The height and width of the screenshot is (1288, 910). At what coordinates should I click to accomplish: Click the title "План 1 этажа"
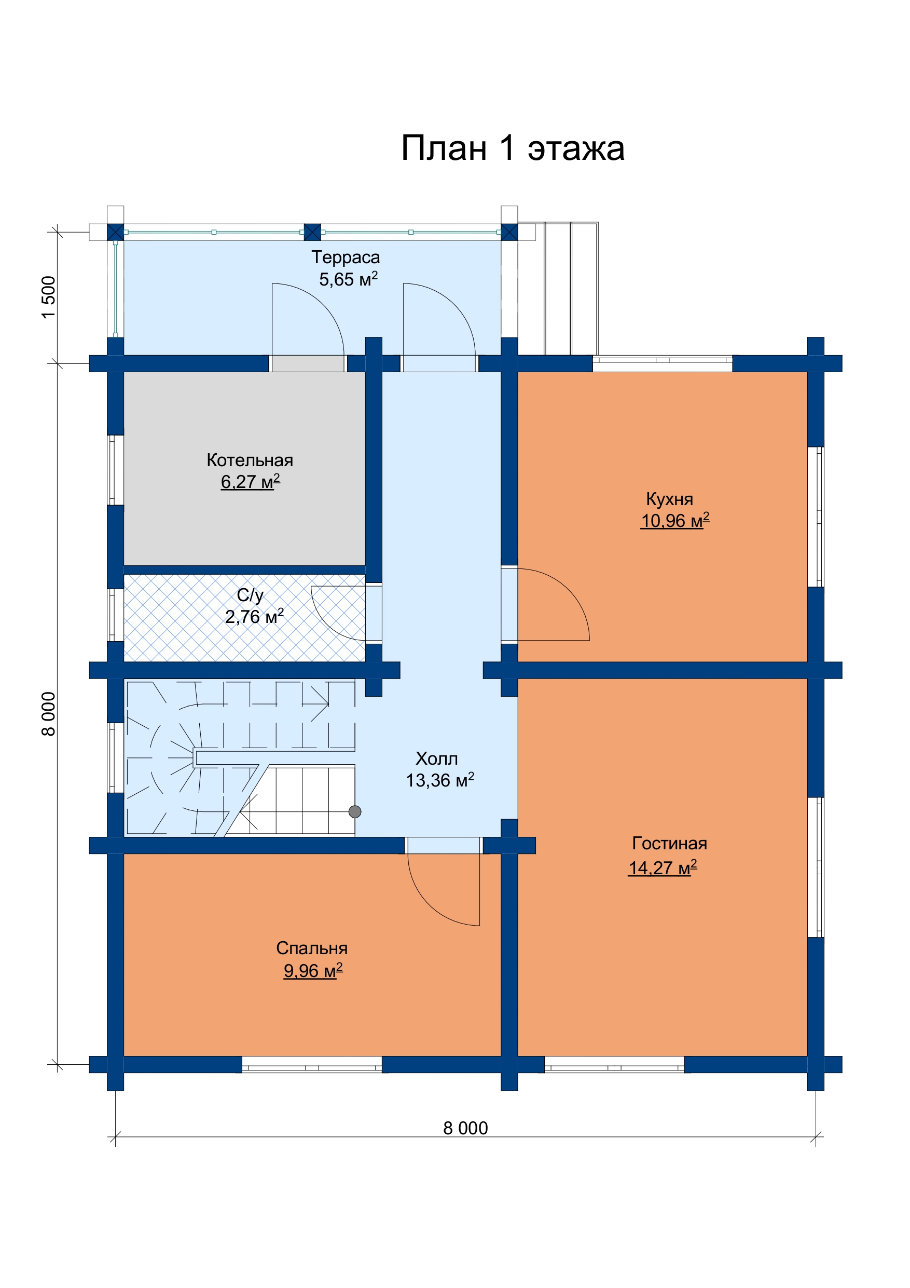coord(513,148)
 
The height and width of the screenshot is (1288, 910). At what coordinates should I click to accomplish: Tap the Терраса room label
coord(346,257)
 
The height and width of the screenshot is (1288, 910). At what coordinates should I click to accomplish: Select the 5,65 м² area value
coord(348,279)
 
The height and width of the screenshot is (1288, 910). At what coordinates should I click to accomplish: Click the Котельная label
coord(250,460)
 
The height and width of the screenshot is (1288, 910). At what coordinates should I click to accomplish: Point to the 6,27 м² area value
coord(250,481)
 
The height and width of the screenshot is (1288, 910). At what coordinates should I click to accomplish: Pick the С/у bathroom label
coord(250,594)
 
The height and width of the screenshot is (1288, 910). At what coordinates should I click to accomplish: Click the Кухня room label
coord(669,499)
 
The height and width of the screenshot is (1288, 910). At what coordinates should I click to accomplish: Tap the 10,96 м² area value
coord(675,521)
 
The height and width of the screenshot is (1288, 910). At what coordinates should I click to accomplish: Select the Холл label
coord(437,759)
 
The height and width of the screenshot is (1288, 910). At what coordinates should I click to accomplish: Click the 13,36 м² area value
coord(440,780)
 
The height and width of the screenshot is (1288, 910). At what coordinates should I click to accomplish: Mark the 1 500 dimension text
coord(49,297)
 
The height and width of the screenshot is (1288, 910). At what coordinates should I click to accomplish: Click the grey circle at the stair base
coord(355,812)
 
